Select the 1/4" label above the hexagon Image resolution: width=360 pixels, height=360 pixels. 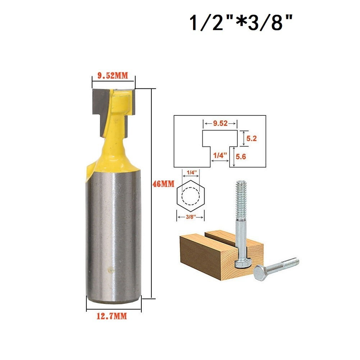(x=190, y=173)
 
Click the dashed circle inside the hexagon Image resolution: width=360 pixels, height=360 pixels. (x=190, y=196)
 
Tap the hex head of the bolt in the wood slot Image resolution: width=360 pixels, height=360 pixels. (x=240, y=263)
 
